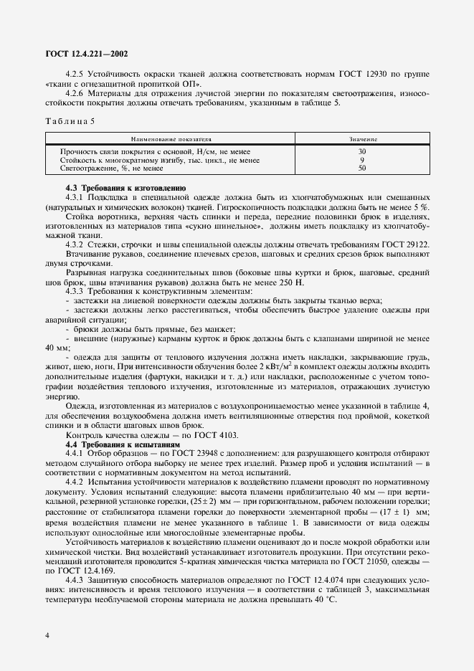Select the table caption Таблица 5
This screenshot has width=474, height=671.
[70, 120]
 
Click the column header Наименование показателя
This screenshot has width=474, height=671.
[171, 138]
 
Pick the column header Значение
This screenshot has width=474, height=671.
[363, 138]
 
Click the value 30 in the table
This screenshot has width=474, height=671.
[362, 151]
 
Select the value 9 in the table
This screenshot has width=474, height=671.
[362, 160]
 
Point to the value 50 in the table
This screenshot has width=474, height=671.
[362, 168]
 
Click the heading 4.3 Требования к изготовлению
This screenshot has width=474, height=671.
[125, 187]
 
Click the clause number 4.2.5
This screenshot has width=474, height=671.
[75, 74]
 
